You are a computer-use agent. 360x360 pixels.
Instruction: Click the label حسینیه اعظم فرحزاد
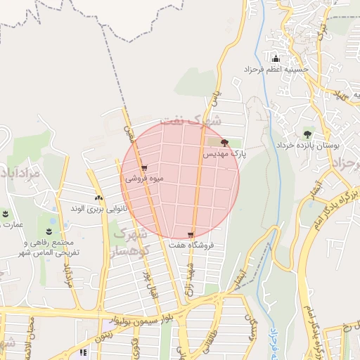point(277,70)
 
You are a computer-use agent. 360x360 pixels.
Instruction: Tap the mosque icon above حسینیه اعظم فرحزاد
point(276,58)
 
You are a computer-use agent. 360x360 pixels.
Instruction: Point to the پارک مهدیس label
point(225,153)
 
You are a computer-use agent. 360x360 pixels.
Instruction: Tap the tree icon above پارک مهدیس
point(224,143)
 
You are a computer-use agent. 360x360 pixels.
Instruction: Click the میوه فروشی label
point(144,179)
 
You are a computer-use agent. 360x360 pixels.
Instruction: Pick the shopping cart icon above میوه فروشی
point(144,168)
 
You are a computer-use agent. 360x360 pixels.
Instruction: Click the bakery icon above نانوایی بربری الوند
point(98,198)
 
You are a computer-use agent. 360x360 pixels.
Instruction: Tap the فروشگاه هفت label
point(191,245)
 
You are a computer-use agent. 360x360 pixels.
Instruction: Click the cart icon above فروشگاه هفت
point(191,234)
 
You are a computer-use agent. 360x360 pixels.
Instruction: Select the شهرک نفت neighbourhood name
point(191,120)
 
